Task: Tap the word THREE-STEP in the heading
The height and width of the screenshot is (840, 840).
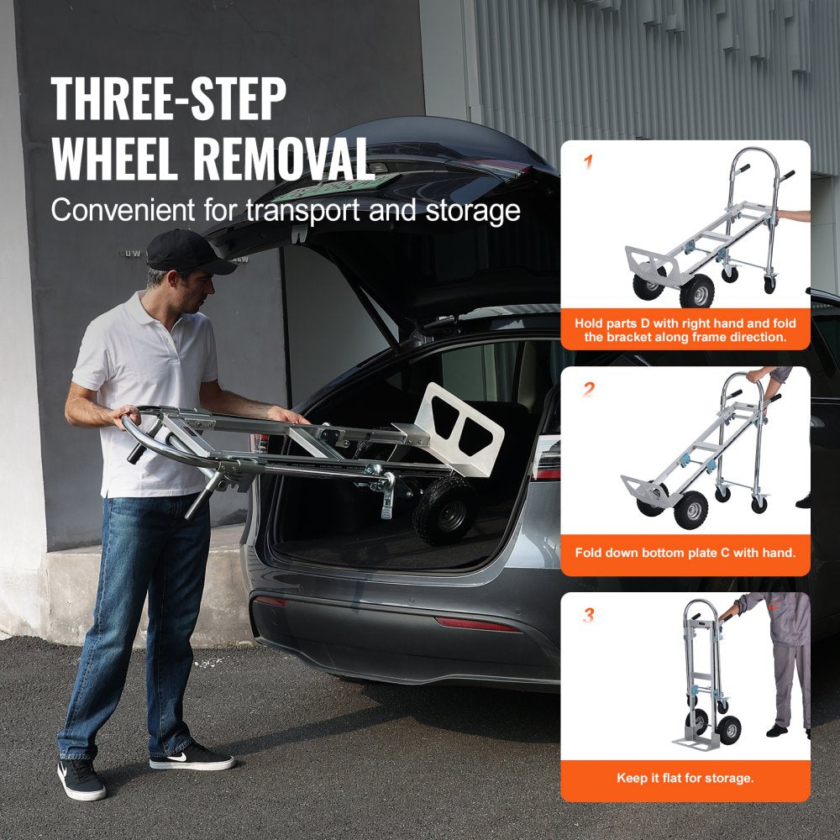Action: point(168,98)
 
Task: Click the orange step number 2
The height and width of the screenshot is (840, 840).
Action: point(588,389)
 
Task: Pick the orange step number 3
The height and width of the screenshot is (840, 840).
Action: point(588,616)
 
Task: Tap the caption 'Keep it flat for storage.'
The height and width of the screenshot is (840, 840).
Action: point(685,778)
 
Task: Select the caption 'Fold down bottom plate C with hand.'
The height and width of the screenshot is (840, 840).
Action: point(685,553)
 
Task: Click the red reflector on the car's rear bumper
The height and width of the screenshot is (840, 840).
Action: point(476,624)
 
